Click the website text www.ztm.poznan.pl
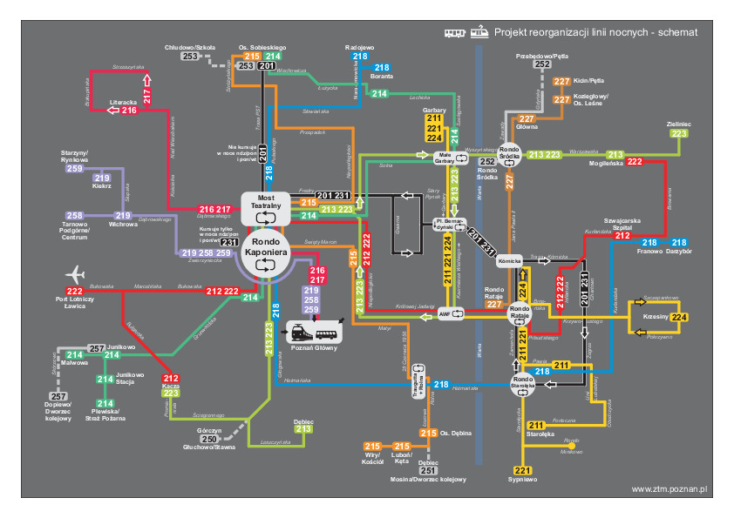(669, 490)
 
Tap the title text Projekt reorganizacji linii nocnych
(595, 32)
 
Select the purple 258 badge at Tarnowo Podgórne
(75, 215)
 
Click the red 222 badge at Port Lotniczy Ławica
(75, 291)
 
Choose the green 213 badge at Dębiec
(303, 429)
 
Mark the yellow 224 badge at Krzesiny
(680, 318)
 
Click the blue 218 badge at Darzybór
(680, 242)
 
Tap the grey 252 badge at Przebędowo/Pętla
(542, 64)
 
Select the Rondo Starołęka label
(522, 380)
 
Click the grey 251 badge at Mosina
(426, 470)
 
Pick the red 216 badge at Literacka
(129, 110)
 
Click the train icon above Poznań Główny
(299, 332)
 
